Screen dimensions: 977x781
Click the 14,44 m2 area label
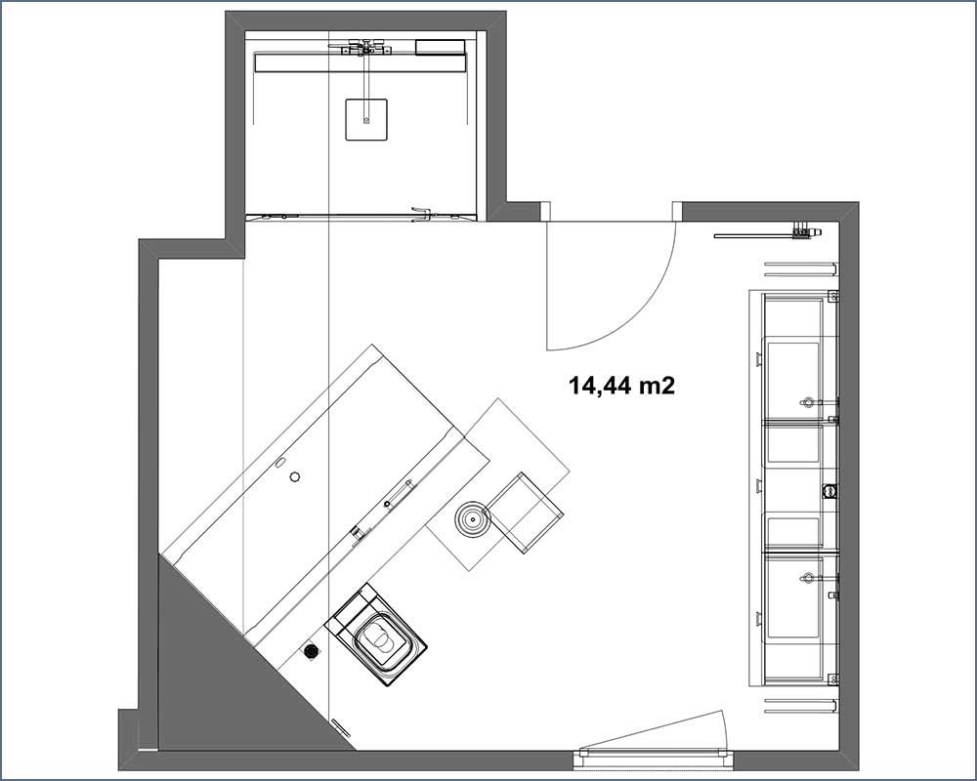coord(621,386)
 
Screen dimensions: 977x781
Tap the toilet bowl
coord(379,638)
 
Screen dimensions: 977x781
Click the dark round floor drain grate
coord(312,651)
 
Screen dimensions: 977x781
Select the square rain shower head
coord(366,119)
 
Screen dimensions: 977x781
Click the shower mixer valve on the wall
coord(362,47)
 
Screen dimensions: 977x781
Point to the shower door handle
coord(422,213)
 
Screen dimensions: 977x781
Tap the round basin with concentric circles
coord(472,517)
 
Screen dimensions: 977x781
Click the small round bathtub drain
coord(295,476)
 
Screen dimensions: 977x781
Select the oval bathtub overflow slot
coord(279,462)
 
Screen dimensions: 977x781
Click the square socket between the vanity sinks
coord(829,491)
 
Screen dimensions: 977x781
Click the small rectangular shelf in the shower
coord(440,47)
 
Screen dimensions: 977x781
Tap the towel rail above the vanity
coord(800,268)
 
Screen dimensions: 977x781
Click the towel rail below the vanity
coord(800,705)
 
